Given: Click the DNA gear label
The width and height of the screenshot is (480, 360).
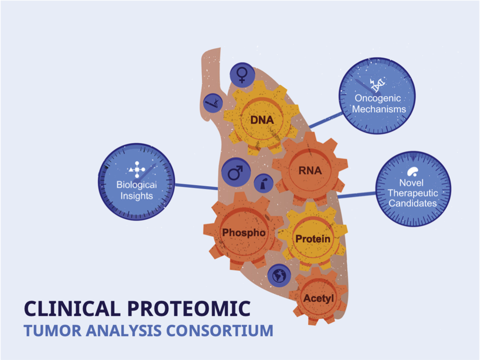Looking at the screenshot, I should (x=262, y=120).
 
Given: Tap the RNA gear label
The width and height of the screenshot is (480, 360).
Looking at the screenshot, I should (x=310, y=171).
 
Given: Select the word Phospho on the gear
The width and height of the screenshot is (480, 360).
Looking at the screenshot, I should (x=243, y=232).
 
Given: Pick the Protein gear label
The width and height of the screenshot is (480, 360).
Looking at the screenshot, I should (x=313, y=239).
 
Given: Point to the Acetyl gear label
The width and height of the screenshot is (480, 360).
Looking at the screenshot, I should (x=319, y=299).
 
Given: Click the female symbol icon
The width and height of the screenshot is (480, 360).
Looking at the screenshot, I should (x=242, y=75).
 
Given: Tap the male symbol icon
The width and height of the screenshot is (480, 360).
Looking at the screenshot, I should (x=235, y=172).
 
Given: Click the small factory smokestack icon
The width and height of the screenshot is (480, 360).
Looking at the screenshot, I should (x=262, y=183).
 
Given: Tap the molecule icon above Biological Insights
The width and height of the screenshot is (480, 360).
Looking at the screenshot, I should (x=136, y=170).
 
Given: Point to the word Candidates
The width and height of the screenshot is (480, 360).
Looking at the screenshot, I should (x=413, y=204).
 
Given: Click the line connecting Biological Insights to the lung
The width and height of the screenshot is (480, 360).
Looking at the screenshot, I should (x=196, y=187).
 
